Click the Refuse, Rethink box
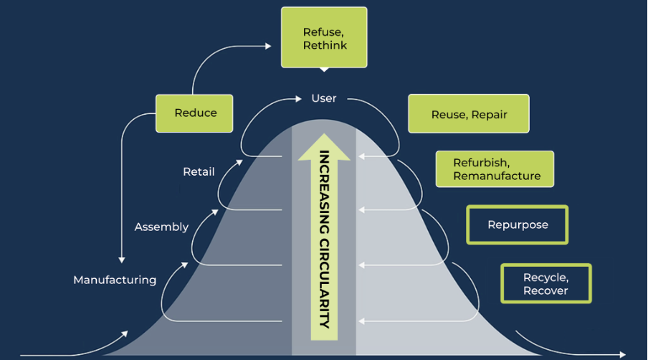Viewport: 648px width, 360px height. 324,37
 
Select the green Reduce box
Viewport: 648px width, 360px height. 194,113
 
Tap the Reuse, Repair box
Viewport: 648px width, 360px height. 469,113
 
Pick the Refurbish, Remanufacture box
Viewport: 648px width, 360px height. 495,169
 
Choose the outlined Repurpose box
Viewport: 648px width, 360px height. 518,225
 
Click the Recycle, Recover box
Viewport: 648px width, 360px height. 546,283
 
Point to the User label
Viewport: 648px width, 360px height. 324,98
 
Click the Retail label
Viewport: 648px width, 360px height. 199,171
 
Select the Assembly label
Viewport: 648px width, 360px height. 161,227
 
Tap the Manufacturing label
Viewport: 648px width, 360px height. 115,280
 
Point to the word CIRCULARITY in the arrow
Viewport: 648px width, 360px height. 325,283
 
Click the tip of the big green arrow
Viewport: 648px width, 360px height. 325,133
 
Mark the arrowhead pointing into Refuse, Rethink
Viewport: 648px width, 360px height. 268,47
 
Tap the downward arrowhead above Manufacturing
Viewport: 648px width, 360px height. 122,260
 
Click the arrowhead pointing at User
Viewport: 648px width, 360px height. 298,99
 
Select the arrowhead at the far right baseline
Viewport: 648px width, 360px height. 622,355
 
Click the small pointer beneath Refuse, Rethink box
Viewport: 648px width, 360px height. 325,70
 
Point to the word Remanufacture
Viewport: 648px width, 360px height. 497,176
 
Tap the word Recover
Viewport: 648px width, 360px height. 545,290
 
